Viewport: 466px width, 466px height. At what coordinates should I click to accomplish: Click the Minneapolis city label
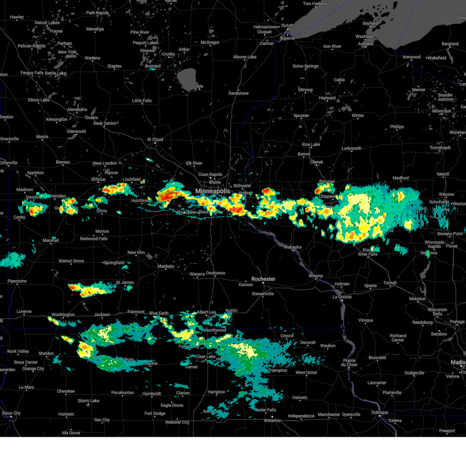[x=212, y=191]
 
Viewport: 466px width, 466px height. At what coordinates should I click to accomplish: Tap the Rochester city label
[x=263, y=279]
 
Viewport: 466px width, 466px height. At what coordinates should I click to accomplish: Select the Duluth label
[x=287, y=26]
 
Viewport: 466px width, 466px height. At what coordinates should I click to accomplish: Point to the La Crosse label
[x=342, y=297]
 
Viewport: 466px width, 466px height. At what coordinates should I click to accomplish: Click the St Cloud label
[x=155, y=139]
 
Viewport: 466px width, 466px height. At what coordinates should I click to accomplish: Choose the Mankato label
[x=166, y=266]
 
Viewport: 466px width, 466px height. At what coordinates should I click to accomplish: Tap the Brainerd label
[x=153, y=66]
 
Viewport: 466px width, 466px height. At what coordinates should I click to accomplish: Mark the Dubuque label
[x=379, y=412]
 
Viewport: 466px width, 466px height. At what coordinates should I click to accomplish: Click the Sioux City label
[x=11, y=413]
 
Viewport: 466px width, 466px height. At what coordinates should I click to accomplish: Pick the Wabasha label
[x=292, y=247]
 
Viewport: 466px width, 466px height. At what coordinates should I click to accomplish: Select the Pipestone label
[x=17, y=281]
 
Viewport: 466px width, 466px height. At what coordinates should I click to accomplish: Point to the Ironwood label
[x=411, y=57]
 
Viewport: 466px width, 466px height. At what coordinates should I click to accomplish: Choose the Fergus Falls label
[x=32, y=73]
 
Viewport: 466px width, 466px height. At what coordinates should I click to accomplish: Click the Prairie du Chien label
[x=349, y=362]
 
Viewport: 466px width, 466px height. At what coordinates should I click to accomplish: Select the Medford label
[x=400, y=178]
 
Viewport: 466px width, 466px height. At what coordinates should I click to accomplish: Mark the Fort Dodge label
[x=155, y=413]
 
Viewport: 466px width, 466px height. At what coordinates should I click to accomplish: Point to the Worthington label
[x=63, y=315]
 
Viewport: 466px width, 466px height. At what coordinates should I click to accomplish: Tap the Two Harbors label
[x=315, y=4]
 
